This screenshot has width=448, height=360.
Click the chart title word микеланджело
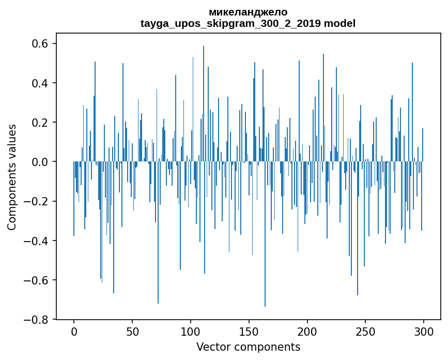click(x=248, y=12)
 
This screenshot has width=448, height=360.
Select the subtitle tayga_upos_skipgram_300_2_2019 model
click(x=248, y=23)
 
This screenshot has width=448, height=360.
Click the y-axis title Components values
click(x=11, y=177)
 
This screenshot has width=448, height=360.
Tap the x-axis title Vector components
click(x=248, y=347)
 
